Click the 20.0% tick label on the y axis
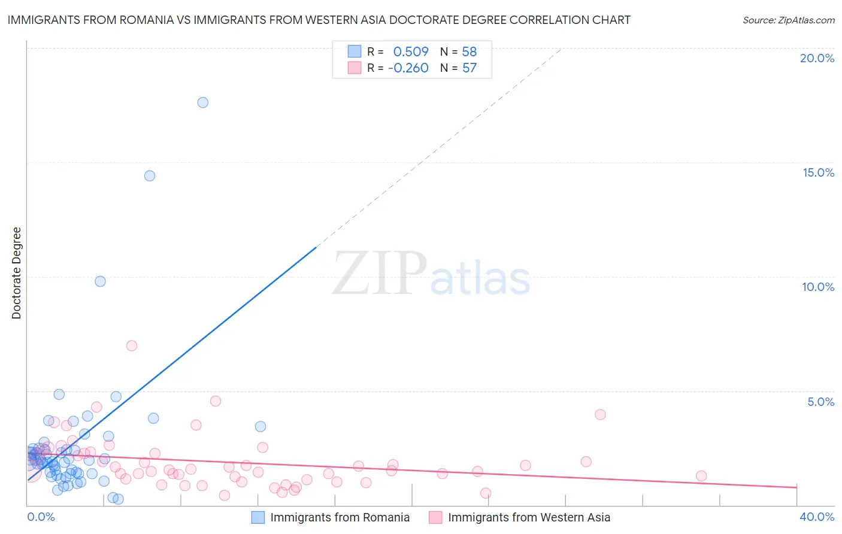click(x=817, y=58)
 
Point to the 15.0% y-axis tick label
click(x=818, y=172)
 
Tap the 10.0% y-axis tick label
click(x=818, y=287)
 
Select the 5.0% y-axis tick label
click(x=820, y=402)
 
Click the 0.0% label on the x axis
click(x=41, y=517)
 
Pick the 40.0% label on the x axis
click(x=816, y=517)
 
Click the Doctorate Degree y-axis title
click(x=16, y=273)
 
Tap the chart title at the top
click(x=319, y=20)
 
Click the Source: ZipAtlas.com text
click(x=788, y=20)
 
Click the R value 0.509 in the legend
click(x=411, y=51)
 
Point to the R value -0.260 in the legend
click(x=408, y=68)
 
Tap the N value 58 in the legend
click(x=470, y=51)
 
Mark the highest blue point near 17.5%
click(x=203, y=102)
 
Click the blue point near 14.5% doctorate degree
click(x=150, y=176)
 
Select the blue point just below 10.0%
click(x=100, y=281)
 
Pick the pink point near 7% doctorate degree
click(x=132, y=345)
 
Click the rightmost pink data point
click(x=701, y=476)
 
